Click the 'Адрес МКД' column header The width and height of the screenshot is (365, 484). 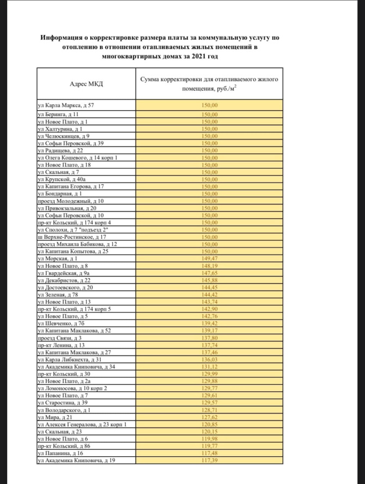point(86,83)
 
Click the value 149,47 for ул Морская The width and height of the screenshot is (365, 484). point(209,258)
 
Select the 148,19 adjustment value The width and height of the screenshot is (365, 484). point(209,265)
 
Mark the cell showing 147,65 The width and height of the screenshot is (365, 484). point(209,273)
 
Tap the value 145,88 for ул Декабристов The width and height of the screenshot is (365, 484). point(209,280)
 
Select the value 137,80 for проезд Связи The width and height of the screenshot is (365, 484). point(209,338)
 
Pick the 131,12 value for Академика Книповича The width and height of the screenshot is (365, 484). point(209,366)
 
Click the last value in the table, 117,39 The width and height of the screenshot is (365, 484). point(209,460)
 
